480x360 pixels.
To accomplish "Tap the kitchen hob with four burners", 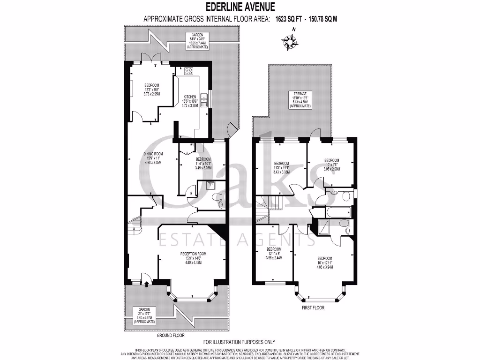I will (189, 71).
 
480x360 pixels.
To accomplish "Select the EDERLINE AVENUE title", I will (240, 7).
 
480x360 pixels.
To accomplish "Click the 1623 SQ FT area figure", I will (289, 19).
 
